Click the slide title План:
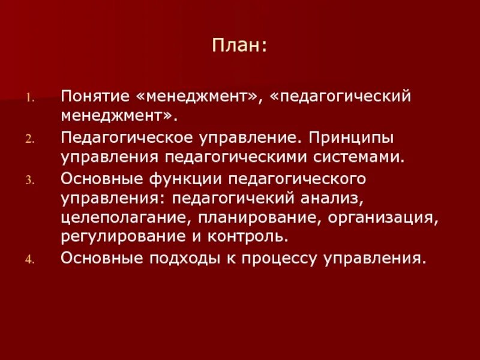click(239, 46)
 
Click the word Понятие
click(97, 96)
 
